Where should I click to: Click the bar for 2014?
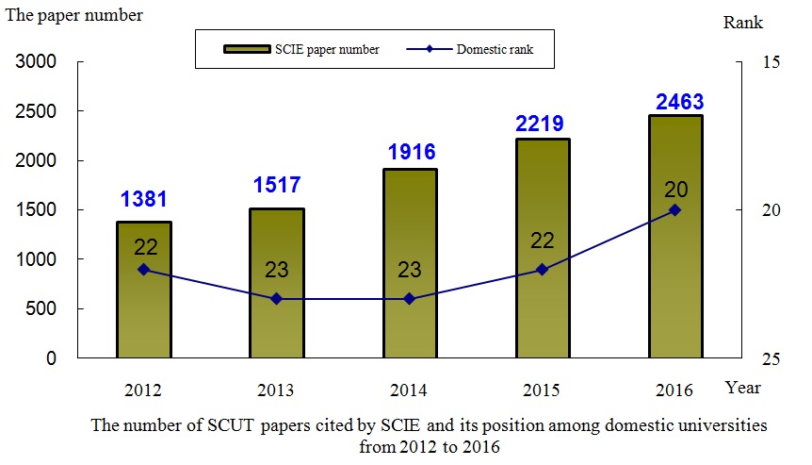[x=409, y=264]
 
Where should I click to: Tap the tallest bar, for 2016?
[x=674, y=237]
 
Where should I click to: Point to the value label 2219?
[x=542, y=123]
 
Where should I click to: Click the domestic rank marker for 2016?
[x=674, y=210]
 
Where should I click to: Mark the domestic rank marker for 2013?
[x=276, y=299]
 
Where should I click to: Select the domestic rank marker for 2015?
[x=542, y=270]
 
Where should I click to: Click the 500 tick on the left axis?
[x=43, y=309]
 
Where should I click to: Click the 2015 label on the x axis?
[x=542, y=390]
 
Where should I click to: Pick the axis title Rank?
[x=744, y=23]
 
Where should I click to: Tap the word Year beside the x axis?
[x=743, y=388]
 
